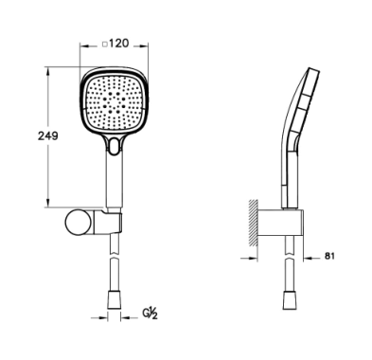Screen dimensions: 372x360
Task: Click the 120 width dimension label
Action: coord(119,44)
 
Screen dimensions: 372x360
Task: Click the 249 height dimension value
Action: coord(48,136)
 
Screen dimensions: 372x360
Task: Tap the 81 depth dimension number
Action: coord(329,256)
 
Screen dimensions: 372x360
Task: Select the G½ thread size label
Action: coord(150,314)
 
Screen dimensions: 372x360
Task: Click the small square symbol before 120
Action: coord(106,45)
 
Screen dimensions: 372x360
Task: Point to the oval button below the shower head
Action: coord(114,145)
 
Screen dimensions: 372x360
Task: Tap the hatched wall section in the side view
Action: coord(253,223)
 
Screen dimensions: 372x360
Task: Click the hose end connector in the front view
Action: coord(115,299)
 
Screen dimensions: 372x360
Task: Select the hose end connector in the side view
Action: coord(290,300)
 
